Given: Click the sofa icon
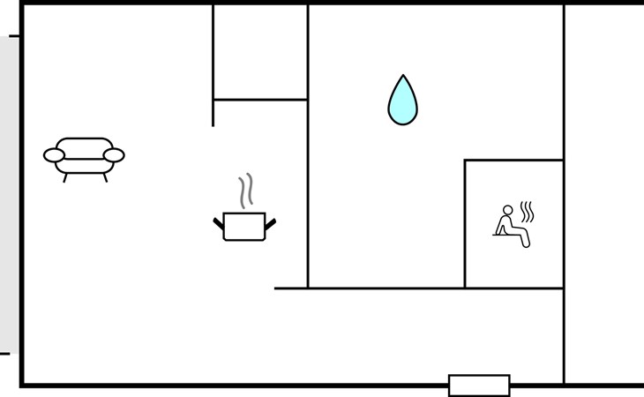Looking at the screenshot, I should pos(84,157).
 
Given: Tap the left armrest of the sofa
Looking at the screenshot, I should pos(54,156).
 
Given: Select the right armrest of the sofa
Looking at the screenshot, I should pos(114,156).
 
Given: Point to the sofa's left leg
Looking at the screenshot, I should pos(65,176).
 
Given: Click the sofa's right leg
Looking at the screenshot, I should pos(104,176).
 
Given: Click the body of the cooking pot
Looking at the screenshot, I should pos(244,226).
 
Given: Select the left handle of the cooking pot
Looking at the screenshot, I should pos(218,221).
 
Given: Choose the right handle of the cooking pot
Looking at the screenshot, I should pos(271,221).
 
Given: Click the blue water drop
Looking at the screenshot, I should pos(402,101).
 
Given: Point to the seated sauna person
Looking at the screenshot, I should pos(512,226).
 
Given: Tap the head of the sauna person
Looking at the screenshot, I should pos(507,210).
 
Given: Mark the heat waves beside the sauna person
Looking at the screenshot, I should pos(528,212).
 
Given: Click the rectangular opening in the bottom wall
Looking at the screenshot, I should pos(479,386).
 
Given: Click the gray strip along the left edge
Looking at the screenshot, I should pos(9,194).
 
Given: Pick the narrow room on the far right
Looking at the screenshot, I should pos(603,194).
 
